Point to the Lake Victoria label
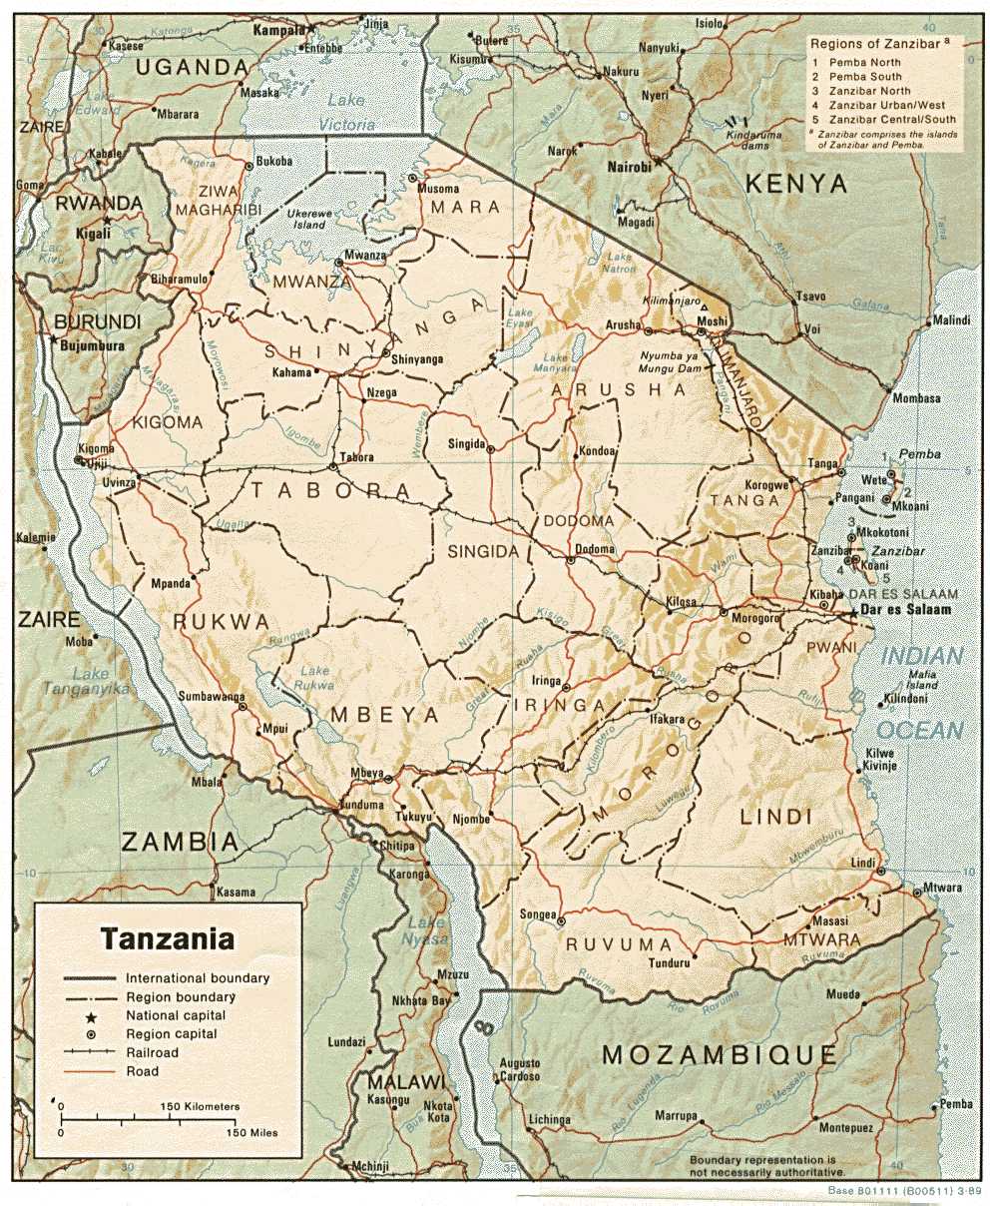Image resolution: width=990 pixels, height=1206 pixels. tap(346, 112)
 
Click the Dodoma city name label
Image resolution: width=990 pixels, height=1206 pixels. tap(595, 548)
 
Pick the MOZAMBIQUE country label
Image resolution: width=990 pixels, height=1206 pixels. tap(720, 1054)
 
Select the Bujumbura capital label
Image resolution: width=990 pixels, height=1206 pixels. tap(92, 345)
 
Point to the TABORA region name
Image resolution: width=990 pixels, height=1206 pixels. tap(330, 490)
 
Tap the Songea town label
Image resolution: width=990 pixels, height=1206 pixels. tap(536, 913)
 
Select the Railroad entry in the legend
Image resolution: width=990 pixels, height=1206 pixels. tap(152, 1052)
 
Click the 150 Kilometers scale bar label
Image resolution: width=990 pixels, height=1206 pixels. tap(200, 1107)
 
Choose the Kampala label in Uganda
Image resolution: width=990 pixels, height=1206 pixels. tap(277, 31)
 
